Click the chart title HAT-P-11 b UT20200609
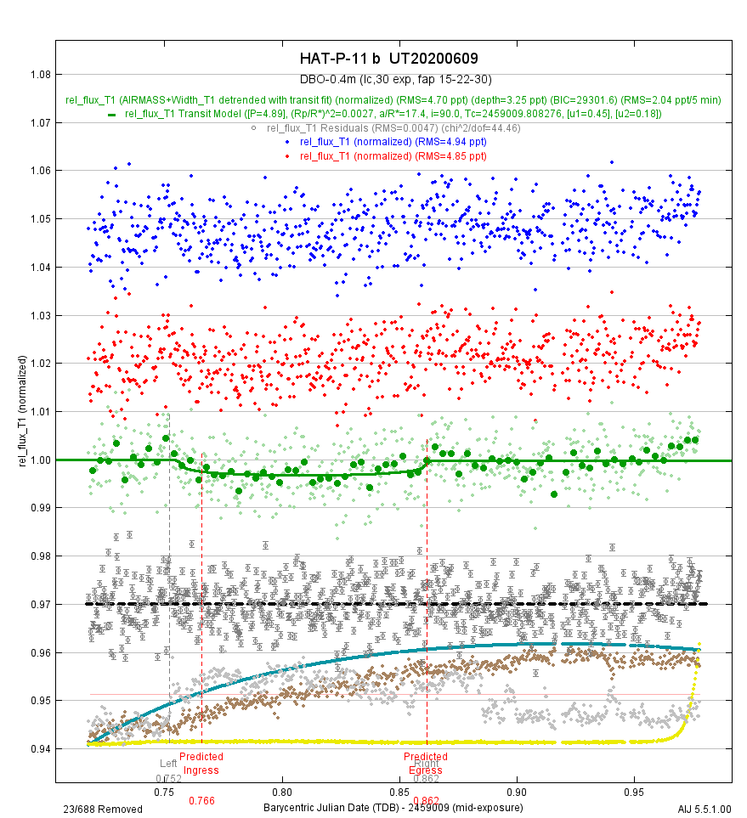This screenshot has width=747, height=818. click(388, 59)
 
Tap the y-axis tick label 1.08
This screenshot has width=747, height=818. click(41, 75)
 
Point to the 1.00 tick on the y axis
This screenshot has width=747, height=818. click(41, 460)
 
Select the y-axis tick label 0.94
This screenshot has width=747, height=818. click(41, 749)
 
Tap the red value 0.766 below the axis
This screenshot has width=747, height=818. click(201, 801)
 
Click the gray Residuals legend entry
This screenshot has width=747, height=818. click(392, 128)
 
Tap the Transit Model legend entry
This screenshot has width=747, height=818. click(392, 114)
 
